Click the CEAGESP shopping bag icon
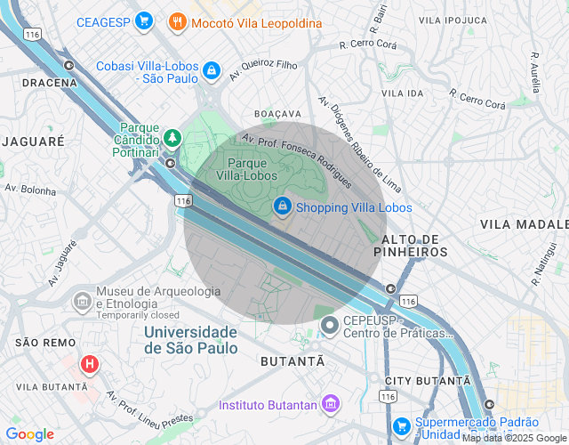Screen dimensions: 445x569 [143, 22]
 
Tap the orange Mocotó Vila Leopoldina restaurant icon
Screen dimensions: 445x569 [177, 22]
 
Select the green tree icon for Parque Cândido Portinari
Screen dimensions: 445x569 [171, 138]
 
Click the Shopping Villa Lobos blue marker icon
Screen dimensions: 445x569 [282, 206]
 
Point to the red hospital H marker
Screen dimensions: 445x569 [90, 364]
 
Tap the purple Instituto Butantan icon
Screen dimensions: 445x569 [331, 405]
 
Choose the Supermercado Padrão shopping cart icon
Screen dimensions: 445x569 [402, 425]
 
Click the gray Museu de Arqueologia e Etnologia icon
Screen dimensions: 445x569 [83, 300]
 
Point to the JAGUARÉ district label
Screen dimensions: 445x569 [33, 142]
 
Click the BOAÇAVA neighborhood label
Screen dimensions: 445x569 [277, 115]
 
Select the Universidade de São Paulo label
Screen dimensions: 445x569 [191, 340]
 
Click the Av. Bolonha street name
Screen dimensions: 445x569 [30, 190]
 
